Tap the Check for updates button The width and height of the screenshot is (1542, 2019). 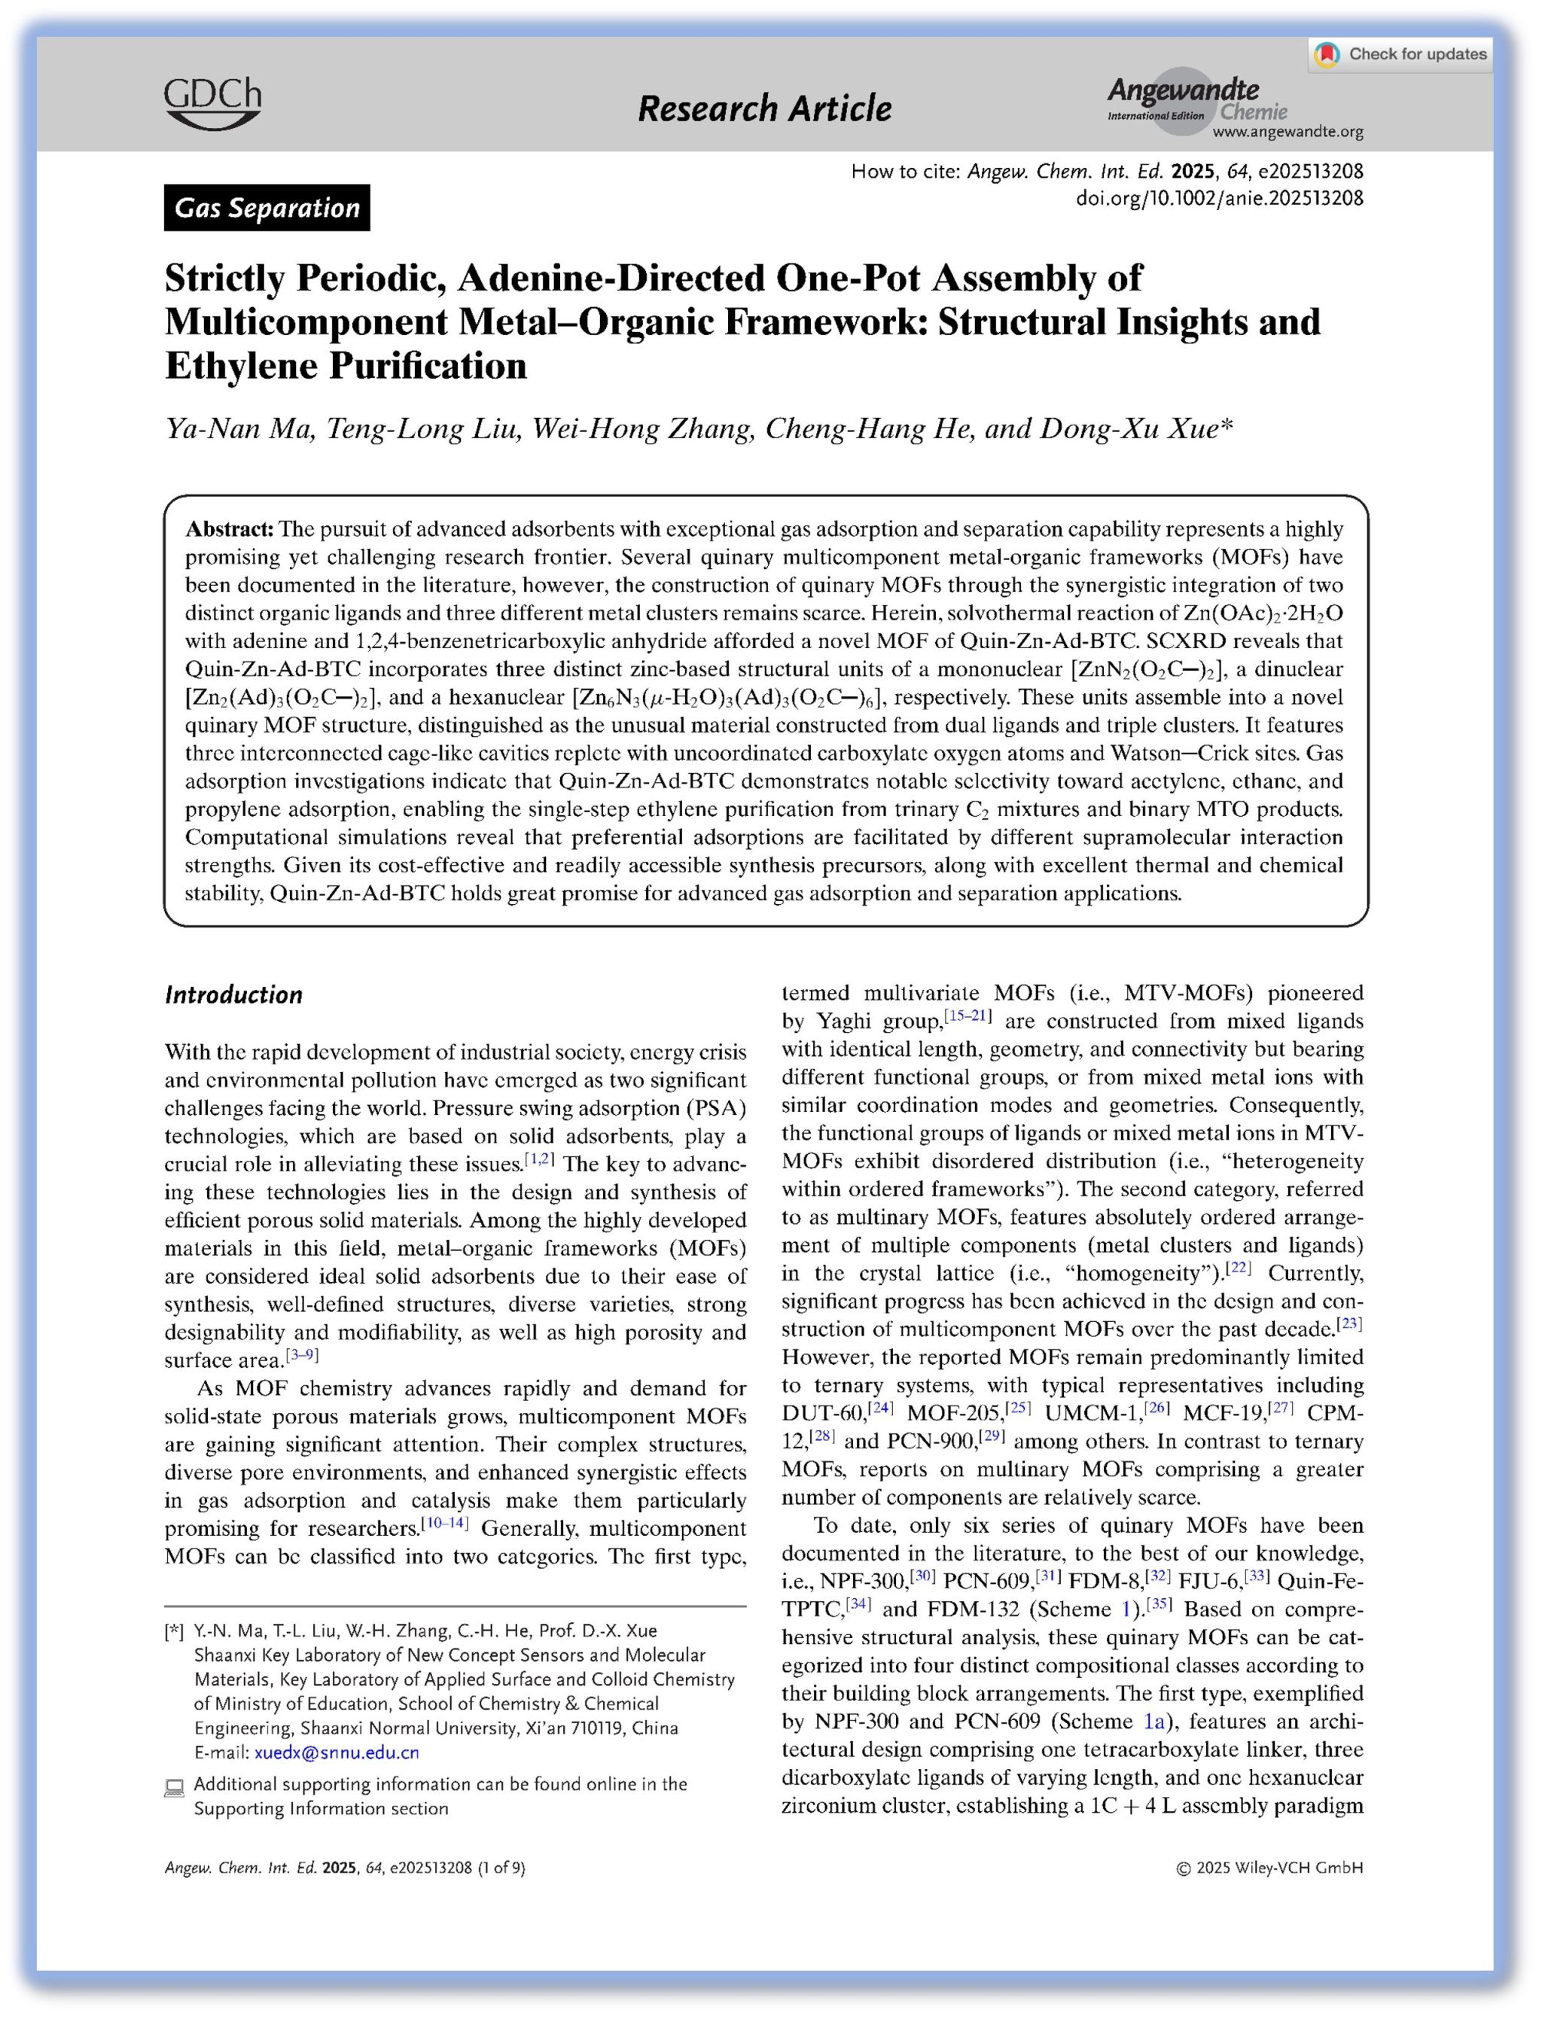coord(1401,54)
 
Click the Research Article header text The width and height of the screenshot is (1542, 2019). coord(763,108)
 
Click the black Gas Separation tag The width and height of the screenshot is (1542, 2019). coord(267,209)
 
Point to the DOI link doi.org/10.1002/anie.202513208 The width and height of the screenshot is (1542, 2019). coord(1219,197)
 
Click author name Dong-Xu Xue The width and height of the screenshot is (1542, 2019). coord(1129,428)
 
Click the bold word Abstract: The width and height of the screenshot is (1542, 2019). coord(230,529)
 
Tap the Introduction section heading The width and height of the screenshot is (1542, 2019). coord(233,994)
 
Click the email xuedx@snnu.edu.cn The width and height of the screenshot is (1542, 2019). coord(336,1753)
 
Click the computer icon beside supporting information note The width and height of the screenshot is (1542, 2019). coord(173,1788)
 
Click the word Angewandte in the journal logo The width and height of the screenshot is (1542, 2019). coord(1182,90)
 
